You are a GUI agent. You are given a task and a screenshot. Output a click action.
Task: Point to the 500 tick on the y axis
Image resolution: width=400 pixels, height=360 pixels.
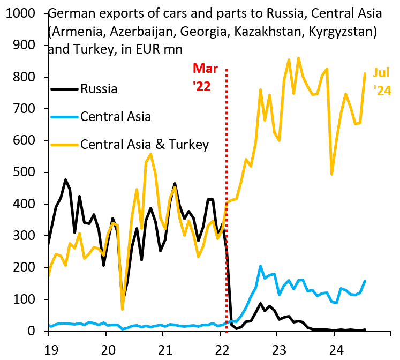point(25,172)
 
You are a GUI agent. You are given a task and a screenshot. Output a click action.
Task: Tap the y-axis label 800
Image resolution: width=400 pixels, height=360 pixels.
point(25,77)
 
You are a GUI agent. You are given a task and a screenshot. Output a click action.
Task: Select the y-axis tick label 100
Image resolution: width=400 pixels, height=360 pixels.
point(25,299)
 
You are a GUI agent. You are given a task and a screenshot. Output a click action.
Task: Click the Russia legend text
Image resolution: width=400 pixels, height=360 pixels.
point(99,88)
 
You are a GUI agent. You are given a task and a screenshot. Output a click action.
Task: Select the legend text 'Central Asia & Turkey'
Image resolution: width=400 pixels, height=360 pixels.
point(144,144)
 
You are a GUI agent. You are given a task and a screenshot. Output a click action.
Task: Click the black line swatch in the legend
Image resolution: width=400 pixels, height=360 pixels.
point(64,89)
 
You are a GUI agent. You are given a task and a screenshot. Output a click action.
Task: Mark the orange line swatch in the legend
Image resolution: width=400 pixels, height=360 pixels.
point(64,145)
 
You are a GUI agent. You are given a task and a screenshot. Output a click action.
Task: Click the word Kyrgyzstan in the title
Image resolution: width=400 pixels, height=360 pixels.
point(337,31)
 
